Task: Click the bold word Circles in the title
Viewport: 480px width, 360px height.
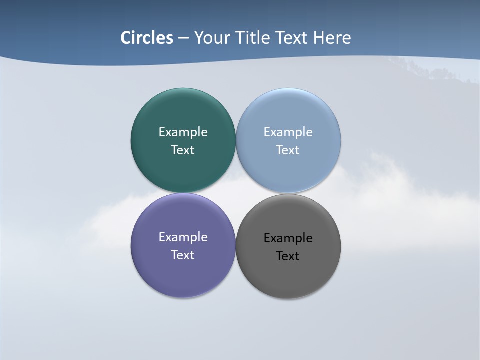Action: tap(147, 38)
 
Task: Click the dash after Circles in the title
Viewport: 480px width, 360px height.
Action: tap(183, 38)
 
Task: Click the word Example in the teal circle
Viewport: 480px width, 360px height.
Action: tap(183, 132)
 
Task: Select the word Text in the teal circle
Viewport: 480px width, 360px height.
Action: tap(183, 150)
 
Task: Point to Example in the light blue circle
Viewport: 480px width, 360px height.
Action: tap(288, 132)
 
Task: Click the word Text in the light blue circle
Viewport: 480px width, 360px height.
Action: tap(288, 150)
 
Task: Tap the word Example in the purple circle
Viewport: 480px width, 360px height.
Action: tap(183, 237)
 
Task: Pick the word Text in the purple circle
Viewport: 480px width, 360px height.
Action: tap(183, 255)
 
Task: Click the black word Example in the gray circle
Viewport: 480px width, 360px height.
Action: tap(288, 238)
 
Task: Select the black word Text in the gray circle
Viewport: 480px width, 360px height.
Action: tap(288, 256)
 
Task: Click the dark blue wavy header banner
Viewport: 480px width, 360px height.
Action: tap(60, 30)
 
